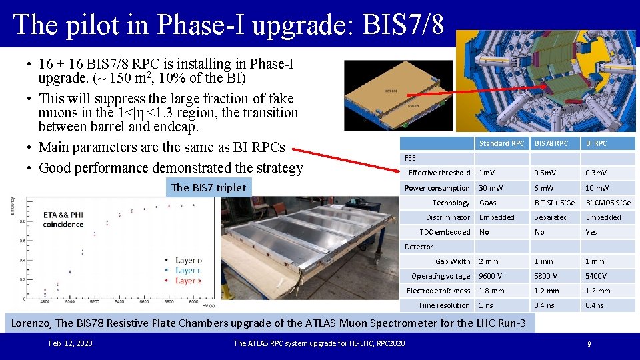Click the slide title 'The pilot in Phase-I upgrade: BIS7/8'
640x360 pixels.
point(228,25)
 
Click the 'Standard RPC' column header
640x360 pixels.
point(501,143)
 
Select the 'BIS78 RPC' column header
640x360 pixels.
point(551,143)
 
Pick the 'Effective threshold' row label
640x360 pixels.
point(439,173)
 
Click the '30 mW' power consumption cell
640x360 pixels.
point(492,188)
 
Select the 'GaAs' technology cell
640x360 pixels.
point(488,203)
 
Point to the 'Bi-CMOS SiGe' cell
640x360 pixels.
point(608,203)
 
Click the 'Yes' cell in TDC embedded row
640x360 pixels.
point(591,232)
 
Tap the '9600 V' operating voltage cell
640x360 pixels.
point(490,276)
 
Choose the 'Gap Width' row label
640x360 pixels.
point(453,261)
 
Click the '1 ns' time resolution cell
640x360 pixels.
point(487,305)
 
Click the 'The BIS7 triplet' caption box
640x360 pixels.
point(209,187)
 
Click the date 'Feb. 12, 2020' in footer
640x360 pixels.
point(71,343)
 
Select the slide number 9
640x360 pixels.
point(589,344)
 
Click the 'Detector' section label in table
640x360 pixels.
point(419,247)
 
